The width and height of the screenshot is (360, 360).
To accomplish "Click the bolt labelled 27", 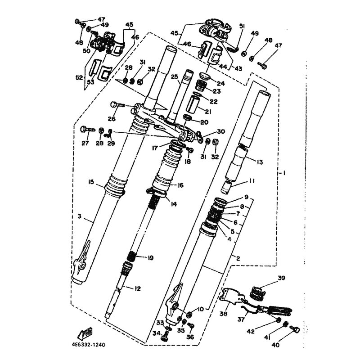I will pos(86,129).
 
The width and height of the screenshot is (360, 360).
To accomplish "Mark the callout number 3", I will pos(80,217).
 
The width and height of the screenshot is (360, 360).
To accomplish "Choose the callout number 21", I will pos(208,111).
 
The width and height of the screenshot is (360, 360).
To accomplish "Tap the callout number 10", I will pos(200,309).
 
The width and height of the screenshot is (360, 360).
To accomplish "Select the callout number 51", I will pos(241,26).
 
